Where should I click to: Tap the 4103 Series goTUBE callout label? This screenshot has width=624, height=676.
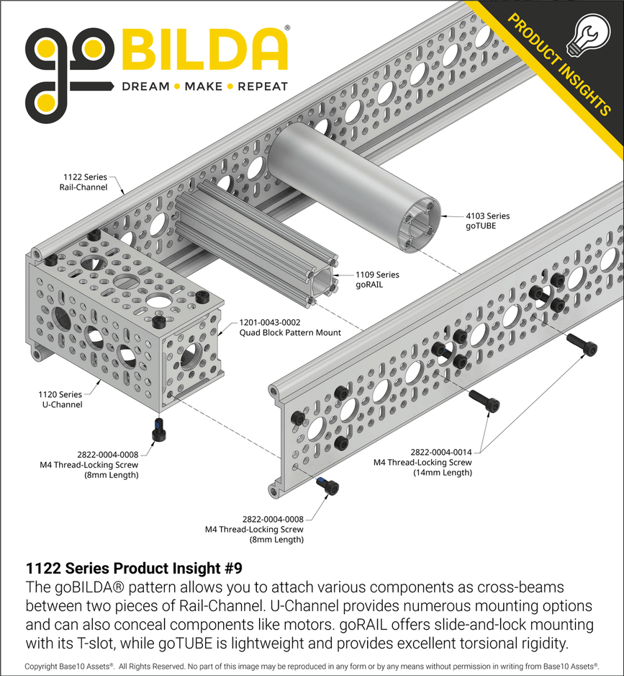487,221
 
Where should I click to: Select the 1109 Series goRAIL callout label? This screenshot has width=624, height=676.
377,280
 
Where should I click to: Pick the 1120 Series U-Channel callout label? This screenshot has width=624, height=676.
60,399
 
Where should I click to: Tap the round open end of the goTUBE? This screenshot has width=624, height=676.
419,225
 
